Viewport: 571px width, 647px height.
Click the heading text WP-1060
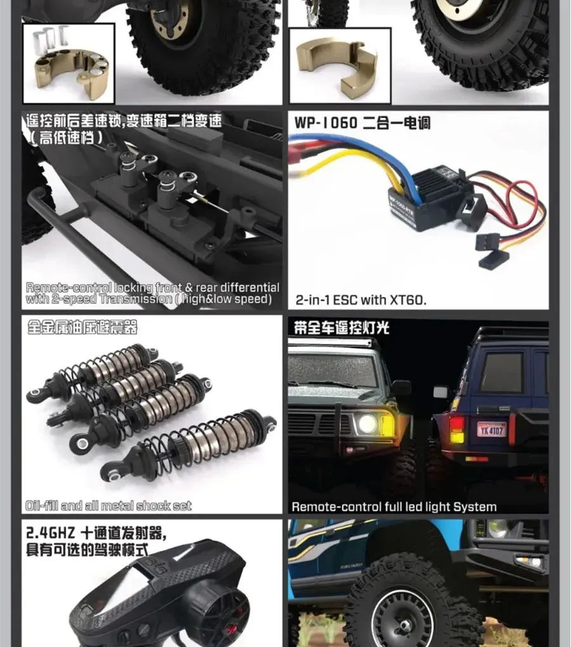tap(325, 122)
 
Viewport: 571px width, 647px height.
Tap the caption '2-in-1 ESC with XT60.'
tap(361, 300)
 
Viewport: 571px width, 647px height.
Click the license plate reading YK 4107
tap(492, 429)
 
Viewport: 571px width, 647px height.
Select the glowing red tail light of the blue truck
tap(457, 429)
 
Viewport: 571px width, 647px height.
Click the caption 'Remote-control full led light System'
tap(393, 507)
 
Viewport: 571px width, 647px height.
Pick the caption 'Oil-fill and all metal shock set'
tap(108, 506)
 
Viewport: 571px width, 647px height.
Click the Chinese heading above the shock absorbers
tap(82, 328)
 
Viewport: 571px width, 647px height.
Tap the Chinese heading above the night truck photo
tap(341, 328)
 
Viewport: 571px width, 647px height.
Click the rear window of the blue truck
tap(501, 372)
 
